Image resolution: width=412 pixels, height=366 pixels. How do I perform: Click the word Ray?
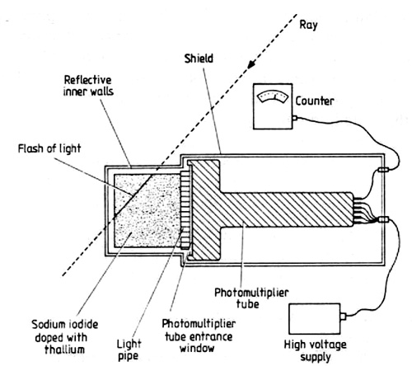coord(308,26)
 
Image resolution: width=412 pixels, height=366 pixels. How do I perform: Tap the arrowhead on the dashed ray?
coord(251,64)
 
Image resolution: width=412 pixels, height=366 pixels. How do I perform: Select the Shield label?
coord(199,59)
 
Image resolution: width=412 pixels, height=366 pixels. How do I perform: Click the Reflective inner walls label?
coord(88,86)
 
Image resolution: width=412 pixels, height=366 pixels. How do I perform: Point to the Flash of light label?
coord(49,148)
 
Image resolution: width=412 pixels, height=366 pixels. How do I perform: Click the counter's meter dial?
coord(272,97)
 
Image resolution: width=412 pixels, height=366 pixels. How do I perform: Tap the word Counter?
coord(315,101)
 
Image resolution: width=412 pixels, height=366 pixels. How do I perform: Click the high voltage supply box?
coord(315,319)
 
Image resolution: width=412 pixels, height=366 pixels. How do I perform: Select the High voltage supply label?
coord(315,351)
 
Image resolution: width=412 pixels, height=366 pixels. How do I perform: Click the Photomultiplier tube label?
coord(251,298)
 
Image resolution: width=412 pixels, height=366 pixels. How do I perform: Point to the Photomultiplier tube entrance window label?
coord(199,336)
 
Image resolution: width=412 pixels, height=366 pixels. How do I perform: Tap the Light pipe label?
coord(129,350)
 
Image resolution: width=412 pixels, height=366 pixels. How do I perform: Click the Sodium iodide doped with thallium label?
coord(65,337)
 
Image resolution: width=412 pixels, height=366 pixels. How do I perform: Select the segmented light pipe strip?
coord(185,209)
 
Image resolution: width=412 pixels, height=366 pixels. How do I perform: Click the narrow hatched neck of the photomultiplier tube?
coord(287,209)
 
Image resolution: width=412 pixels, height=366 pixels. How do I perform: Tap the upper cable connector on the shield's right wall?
coord(383,170)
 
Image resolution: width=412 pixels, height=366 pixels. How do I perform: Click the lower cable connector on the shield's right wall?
coord(383,219)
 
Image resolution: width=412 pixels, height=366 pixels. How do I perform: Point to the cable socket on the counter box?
coord(295,118)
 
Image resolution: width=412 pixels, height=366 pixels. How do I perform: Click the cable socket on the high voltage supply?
coord(343,317)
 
